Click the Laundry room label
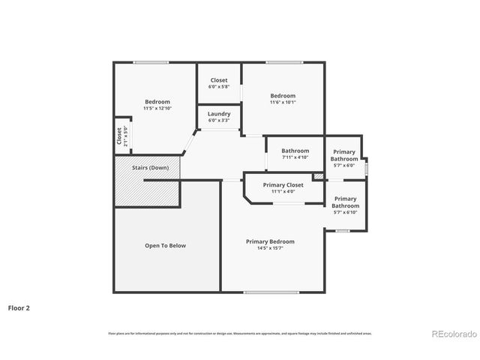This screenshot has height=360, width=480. pos(219,114)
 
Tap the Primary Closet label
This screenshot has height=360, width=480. pos(283,185)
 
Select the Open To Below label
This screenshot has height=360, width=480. pos(165,245)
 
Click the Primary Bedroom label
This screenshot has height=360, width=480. pos(270,241)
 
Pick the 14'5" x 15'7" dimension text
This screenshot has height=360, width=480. pos(270,248)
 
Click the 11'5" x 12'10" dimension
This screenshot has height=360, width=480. pos(157,109)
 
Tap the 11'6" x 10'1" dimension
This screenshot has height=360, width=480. pos(283,102)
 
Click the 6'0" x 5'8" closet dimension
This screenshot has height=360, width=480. pos(219,87)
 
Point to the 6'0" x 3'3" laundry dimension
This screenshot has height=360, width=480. pos(219,120)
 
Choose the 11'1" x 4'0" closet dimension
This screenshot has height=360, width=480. pos(283,191)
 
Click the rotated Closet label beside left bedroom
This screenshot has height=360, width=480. pos(118,136)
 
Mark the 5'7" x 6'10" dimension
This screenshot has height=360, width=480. pos(345,212)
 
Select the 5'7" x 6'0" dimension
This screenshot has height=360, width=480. pos(344,165)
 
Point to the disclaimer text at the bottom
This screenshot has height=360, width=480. pos(239,333)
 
